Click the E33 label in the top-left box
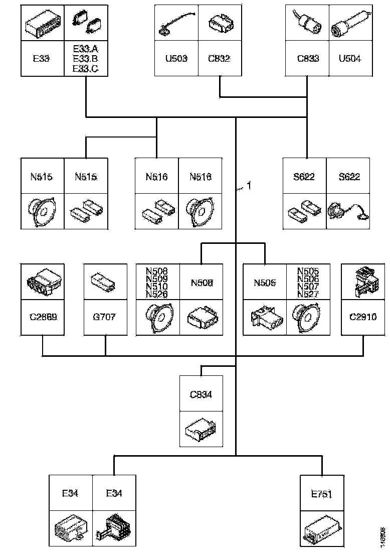[42, 59]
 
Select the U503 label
[176, 59]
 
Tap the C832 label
[219, 59]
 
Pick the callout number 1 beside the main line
[247, 186]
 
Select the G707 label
[105, 317]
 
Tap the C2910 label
[362, 317]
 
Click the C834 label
[201, 394]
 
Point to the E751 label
[321, 494]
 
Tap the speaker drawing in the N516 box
[200, 211]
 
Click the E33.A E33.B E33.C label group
[86, 59]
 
